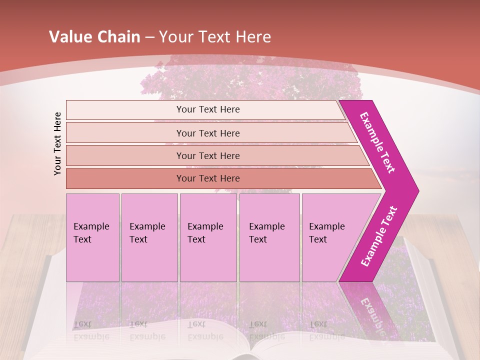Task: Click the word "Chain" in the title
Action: [x=118, y=37]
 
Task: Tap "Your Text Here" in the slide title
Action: [x=215, y=37]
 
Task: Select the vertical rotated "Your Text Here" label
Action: [x=57, y=143]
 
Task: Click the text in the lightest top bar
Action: [x=208, y=109]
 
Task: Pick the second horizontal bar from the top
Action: [x=208, y=133]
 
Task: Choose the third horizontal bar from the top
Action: [x=208, y=155]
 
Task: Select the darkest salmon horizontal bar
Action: [x=208, y=178]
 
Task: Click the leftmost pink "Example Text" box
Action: [x=92, y=237]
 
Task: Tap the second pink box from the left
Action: [x=149, y=237]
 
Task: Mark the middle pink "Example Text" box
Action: [x=208, y=237]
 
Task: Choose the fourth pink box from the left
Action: [x=269, y=237]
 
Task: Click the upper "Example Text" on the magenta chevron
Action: [x=377, y=142]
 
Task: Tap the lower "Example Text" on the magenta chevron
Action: [x=378, y=236]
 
